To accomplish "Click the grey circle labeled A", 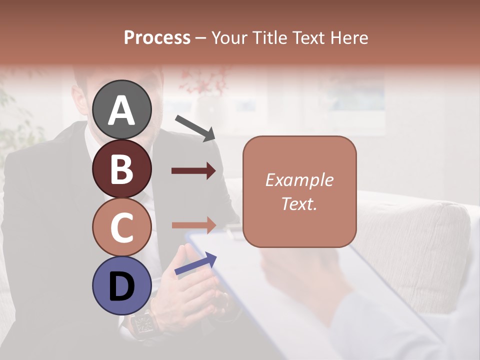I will [x=122, y=109].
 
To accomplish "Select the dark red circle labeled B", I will [x=122, y=168].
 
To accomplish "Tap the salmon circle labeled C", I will [x=122, y=227].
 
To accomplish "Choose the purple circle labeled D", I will [x=122, y=286].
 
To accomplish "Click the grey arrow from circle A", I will [x=195, y=127].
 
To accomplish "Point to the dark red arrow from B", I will [x=193, y=171].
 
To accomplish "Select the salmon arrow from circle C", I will [x=193, y=225].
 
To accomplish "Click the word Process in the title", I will [x=157, y=38].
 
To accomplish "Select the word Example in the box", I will [x=299, y=180].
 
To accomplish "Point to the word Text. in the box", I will [x=299, y=204].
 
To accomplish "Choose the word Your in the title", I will [x=227, y=38].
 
